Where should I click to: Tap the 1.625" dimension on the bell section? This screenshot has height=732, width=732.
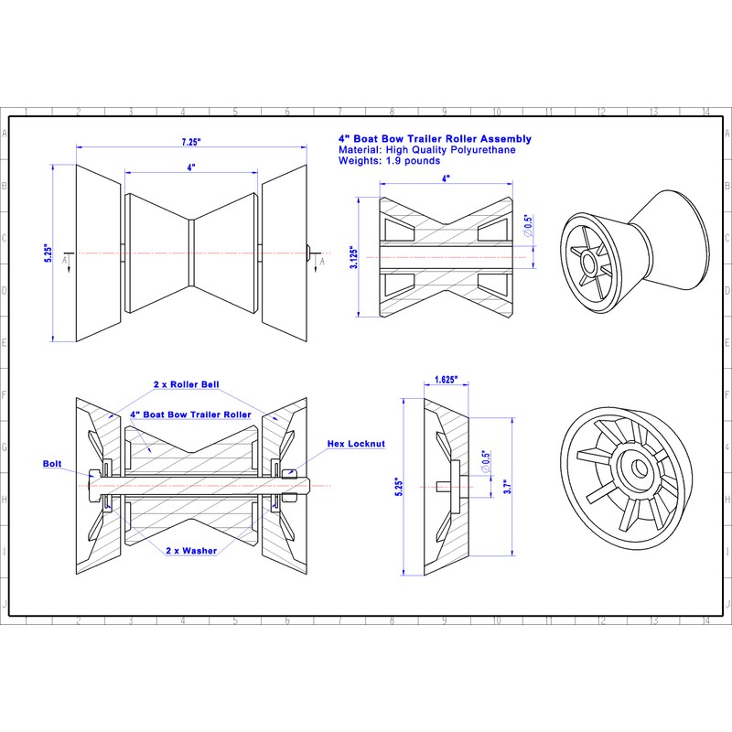(447, 378)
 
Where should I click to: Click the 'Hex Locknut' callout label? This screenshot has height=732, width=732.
(356, 443)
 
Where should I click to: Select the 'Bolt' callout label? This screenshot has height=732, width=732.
(53, 464)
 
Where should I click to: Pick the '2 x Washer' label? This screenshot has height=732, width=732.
(191, 552)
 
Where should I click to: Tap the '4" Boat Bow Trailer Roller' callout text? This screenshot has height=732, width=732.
(190, 414)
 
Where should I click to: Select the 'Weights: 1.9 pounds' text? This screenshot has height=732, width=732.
(389, 160)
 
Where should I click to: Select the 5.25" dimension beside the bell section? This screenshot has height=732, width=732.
(398, 486)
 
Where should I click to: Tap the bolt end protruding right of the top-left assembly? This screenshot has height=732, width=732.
(309, 252)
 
